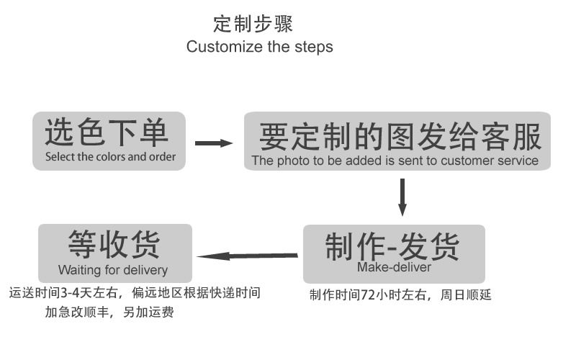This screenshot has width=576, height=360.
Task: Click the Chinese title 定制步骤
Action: [x=253, y=24]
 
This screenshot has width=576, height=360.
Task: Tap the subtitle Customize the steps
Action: [x=259, y=47]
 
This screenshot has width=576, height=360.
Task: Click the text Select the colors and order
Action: [x=110, y=156]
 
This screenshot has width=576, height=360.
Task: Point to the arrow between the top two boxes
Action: [x=214, y=143]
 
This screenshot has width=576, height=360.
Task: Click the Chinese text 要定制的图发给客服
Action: [x=399, y=135]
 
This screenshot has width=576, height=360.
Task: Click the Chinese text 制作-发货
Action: [x=392, y=247]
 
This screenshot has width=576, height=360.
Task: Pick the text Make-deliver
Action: [x=394, y=268]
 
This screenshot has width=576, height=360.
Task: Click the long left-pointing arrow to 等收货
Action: [x=248, y=256]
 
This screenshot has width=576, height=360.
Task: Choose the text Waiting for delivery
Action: [x=113, y=271]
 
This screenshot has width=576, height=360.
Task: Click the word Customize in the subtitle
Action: [x=219, y=47]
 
